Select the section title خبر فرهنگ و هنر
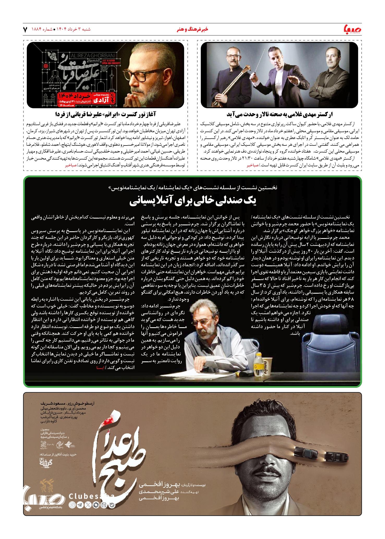click(192, 30)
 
